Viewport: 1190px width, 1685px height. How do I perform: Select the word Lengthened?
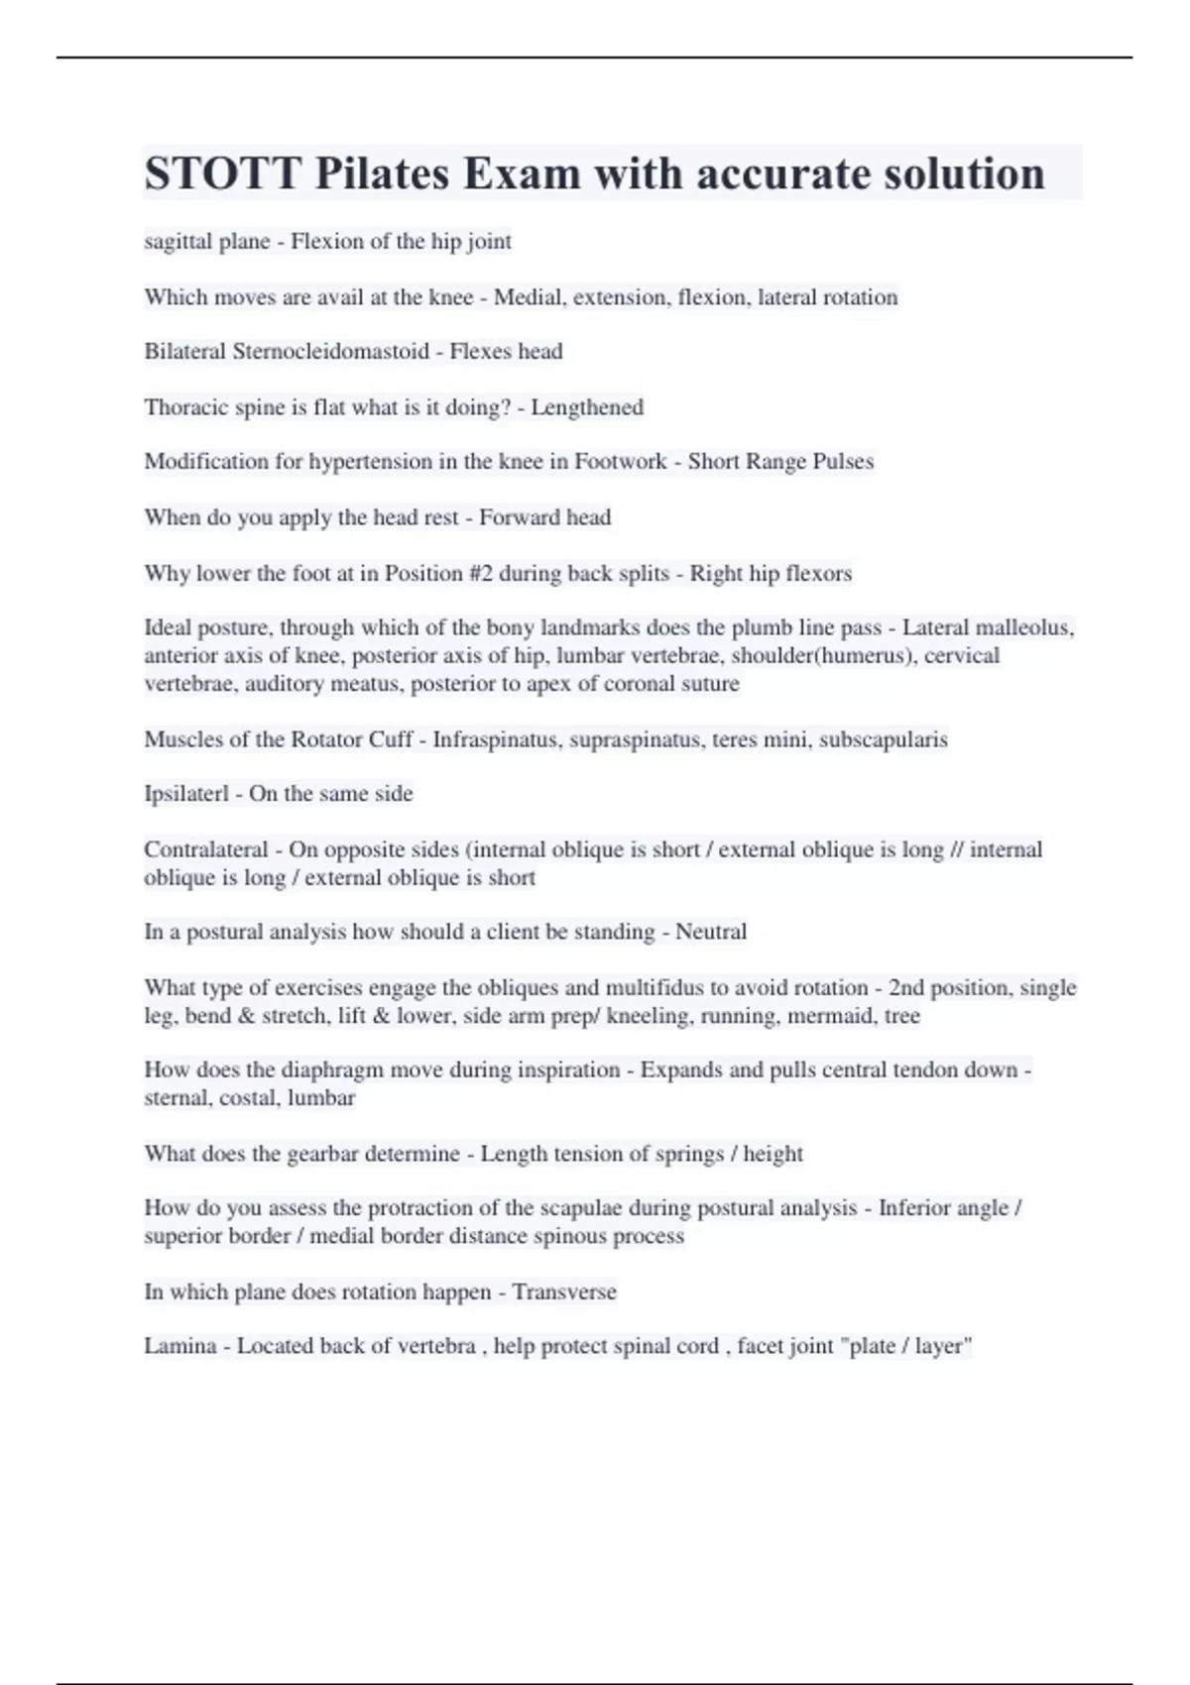pos(587,407)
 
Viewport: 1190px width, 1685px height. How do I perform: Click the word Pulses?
pos(842,462)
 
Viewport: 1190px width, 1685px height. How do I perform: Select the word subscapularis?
pos(884,740)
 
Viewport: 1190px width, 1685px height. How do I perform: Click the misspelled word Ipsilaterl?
pos(186,794)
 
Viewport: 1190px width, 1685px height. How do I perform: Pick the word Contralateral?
pos(206,850)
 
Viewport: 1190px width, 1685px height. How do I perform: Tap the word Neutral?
pos(711,933)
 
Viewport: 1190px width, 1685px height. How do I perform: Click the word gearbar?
pos(322,1155)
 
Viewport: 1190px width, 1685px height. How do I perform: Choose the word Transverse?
pos(564,1292)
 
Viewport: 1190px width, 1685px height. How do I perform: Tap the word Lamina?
pos(179,1347)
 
